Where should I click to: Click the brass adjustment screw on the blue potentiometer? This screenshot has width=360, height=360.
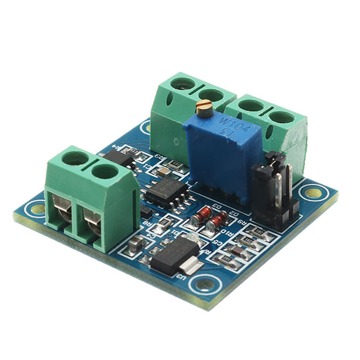click(204, 110)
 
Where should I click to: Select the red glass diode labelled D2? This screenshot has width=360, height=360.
click(215, 222)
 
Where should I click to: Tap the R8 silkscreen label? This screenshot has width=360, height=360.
click(148, 224)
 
